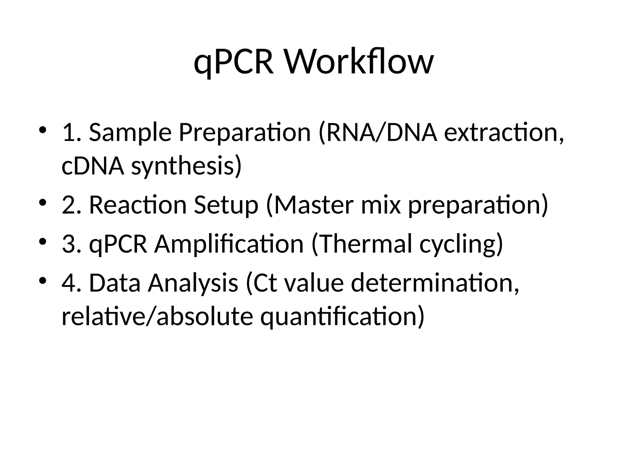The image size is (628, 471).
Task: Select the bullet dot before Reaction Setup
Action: tap(43, 202)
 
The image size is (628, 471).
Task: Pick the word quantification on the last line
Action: tap(342, 317)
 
